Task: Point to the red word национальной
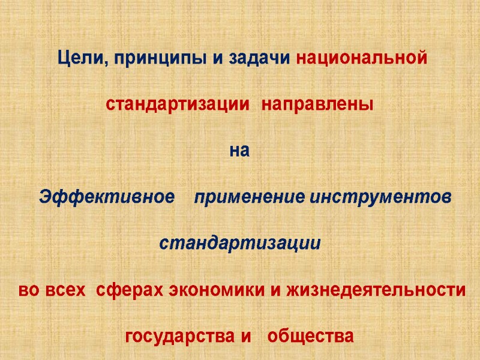pyautogui.click(x=362, y=59)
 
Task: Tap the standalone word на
pyautogui.click(x=239, y=151)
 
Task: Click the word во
pyautogui.click(x=29, y=290)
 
